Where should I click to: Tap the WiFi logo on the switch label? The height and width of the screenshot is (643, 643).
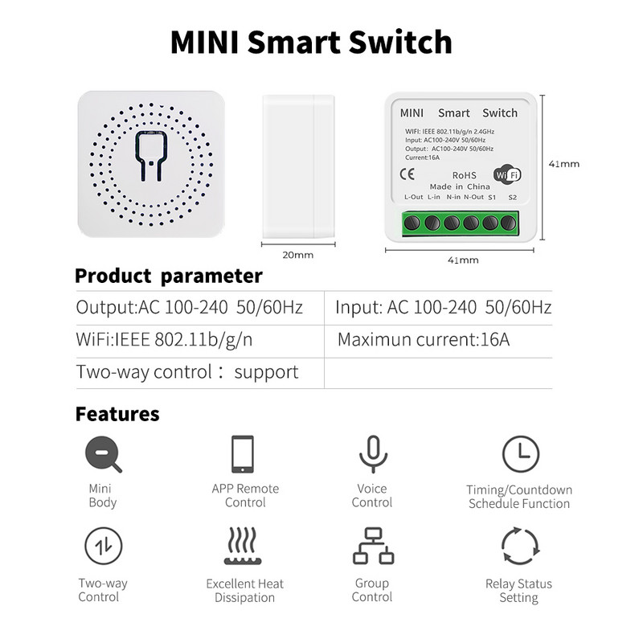[x=506, y=174]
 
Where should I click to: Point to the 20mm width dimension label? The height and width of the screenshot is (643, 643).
[x=298, y=255]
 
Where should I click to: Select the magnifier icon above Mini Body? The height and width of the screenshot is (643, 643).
[x=103, y=454]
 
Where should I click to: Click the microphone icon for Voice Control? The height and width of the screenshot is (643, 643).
[x=372, y=454]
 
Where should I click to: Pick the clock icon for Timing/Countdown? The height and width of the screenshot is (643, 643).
[x=520, y=454]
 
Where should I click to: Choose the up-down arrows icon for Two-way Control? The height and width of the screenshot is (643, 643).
[x=103, y=547]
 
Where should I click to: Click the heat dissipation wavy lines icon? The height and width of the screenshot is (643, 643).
[x=244, y=547]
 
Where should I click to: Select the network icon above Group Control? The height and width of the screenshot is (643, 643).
[x=373, y=547]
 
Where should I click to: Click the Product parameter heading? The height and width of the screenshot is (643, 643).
[x=169, y=276]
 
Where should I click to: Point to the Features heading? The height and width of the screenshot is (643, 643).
[x=117, y=415]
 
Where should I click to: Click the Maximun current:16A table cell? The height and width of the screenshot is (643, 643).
[x=424, y=339]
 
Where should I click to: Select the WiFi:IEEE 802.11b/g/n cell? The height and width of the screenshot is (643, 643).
[x=165, y=339]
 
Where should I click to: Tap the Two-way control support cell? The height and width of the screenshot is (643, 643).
[x=187, y=372]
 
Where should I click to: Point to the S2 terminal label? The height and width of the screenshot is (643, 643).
[x=512, y=197]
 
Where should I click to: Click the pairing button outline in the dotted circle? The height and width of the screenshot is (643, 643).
[x=151, y=156]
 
